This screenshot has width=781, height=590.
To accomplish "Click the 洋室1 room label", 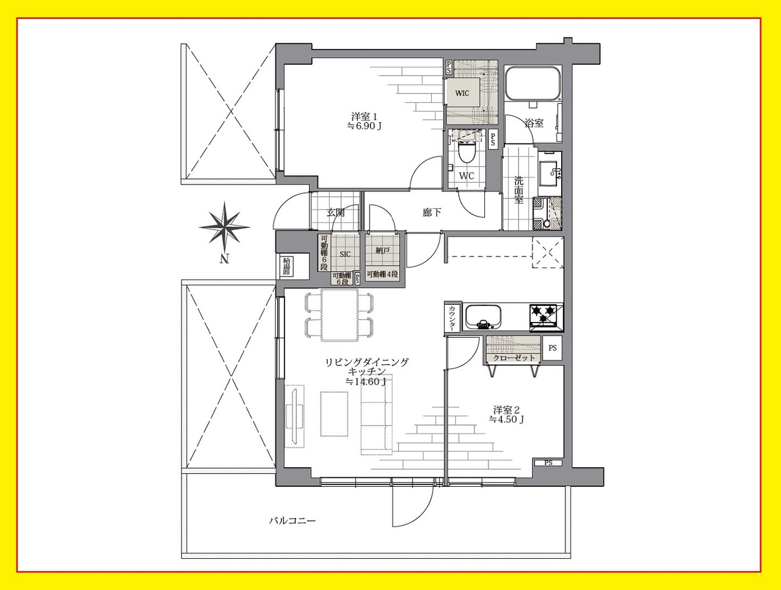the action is point(365,117).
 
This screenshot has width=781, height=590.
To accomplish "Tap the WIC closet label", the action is point(462,93).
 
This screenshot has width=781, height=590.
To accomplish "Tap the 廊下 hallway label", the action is point(432,213).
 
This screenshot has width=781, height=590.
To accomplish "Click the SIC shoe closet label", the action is point(345,254).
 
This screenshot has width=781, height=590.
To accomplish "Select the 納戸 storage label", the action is point(382,250).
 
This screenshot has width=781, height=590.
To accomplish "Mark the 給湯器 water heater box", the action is point(286,266).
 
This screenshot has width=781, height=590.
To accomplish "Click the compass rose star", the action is point(224,227).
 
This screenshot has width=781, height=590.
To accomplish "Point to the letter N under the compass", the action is point(224,259).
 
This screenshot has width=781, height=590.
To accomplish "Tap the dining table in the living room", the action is point(340,315).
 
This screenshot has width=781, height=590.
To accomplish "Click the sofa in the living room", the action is point(377,414).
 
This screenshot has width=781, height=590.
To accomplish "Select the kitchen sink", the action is point(484,318).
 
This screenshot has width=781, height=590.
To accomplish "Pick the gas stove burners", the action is point(543,313).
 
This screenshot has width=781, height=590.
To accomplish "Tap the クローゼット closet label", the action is point(514,358).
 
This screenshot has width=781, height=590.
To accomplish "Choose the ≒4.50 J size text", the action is point(506,420).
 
